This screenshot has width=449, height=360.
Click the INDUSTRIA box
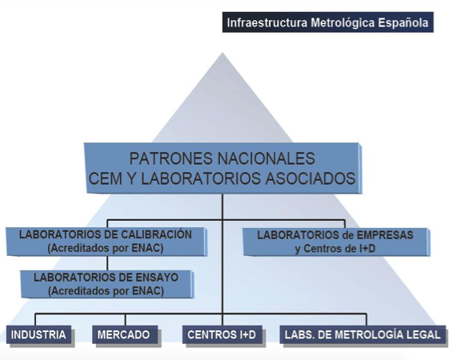point(38,334)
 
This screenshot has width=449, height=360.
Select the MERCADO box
point(125,334)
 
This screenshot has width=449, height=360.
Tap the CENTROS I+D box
point(222,334)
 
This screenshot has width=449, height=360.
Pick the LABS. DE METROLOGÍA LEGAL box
point(363,334)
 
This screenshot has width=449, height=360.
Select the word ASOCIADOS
point(311,178)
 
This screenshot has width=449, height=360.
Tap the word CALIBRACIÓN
point(156,234)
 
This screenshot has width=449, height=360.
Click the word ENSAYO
point(156,278)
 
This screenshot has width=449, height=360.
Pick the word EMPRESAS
point(385,235)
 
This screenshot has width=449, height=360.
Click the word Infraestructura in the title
point(267,22)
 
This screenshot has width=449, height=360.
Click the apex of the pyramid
point(222,52)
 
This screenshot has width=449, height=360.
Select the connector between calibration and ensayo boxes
point(107,263)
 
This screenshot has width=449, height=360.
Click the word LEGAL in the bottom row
point(425,334)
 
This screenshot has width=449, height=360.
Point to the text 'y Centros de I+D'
point(335,248)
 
